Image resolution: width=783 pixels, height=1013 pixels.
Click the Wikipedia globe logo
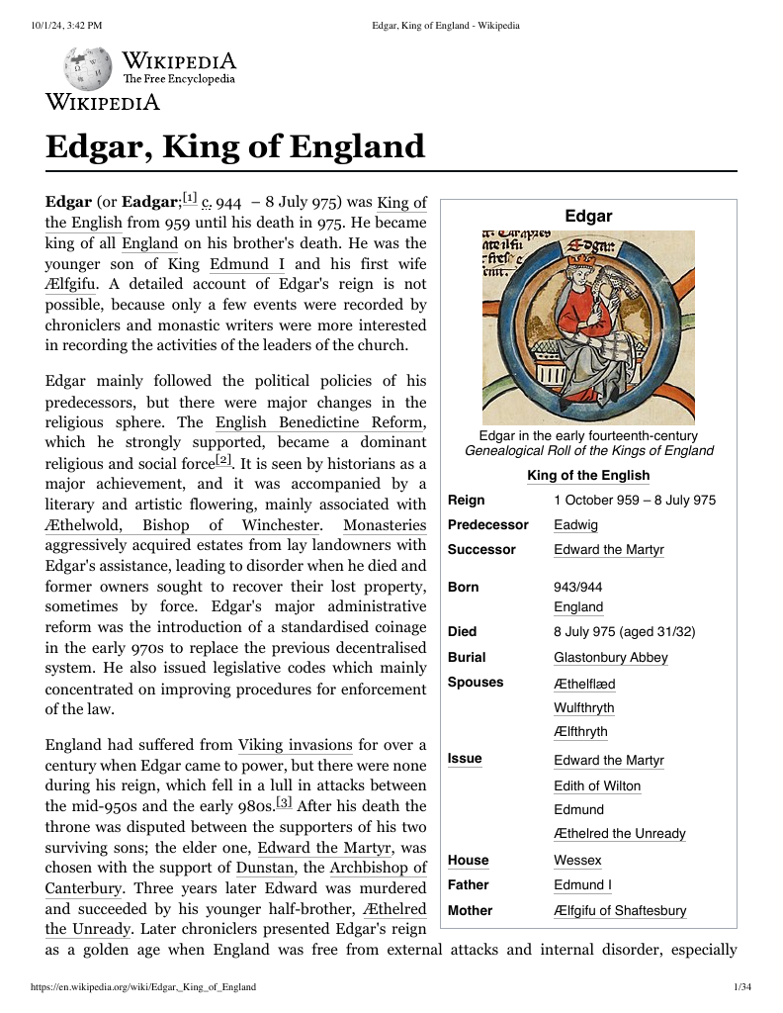(x=89, y=68)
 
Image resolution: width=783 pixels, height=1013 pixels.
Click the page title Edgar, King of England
(x=235, y=147)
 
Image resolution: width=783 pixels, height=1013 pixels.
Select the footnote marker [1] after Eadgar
(x=190, y=198)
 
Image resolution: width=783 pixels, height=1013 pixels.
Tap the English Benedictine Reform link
(x=320, y=422)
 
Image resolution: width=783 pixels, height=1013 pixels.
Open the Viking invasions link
(x=295, y=745)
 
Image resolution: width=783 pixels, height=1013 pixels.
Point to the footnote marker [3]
(x=284, y=802)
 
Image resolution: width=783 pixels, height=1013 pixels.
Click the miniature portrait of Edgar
(x=588, y=327)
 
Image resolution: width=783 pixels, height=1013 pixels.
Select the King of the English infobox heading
(x=588, y=476)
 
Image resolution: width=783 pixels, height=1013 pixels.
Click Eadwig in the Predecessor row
(x=575, y=524)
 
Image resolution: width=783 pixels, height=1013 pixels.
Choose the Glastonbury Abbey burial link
(x=610, y=657)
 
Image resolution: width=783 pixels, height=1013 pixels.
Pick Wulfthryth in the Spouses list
(x=583, y=707)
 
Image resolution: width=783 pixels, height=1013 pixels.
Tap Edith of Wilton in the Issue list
(x=597, y=785)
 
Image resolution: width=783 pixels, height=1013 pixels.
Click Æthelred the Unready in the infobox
(x=619, y=833)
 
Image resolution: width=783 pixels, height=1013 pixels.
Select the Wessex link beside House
(x=577, y=861)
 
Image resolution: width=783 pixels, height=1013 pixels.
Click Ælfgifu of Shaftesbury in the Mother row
(x=620, y=910)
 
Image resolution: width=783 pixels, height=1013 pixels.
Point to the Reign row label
(x=467, y=500)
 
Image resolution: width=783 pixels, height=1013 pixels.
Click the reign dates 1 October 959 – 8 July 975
(x=635, y=500)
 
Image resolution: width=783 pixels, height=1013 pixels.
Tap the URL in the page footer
(x=143, y=986)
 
